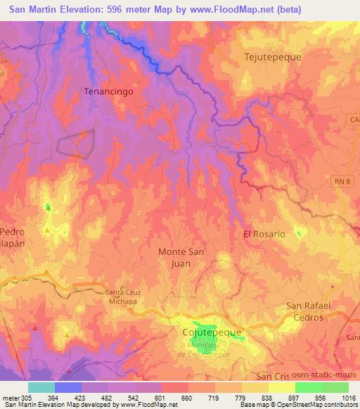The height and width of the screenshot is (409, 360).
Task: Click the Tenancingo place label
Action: (x=108, y=91)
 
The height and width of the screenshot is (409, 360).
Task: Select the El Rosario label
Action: (x=264, y=234)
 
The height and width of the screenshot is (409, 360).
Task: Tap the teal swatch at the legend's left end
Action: (x=41, y=387)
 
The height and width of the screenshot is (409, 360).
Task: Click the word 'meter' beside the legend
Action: (x=11, y=397)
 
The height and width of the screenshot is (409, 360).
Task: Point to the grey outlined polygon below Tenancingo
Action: (x=75, y=143)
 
